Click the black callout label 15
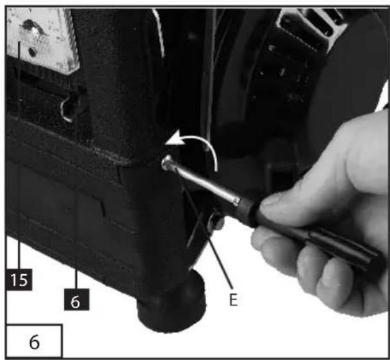(x=19, y=279)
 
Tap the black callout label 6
(x=76, y=300)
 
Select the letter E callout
(x=233, y=300)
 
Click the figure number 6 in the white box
(x=35, y=342)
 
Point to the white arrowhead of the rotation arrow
(x=176, y=138)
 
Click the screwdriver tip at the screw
(x=167, y=163)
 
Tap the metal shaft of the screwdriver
(x=202, y=183)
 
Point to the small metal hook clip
(x=67, y=110)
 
